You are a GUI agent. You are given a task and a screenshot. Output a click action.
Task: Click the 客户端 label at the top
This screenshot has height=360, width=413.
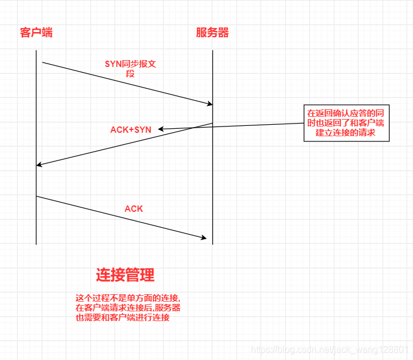pos(36,33)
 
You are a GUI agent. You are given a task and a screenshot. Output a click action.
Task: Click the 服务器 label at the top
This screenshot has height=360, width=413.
pos(212,33)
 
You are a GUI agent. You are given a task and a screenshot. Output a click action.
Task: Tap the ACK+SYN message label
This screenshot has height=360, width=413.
pos(131,130)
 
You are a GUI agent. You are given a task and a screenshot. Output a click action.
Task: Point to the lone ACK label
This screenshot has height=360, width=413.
pos(133,209)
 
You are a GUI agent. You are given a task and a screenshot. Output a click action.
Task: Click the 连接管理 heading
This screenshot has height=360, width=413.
pos(125,275)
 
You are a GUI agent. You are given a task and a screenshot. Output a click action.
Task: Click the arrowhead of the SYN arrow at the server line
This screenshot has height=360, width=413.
pos(211,104)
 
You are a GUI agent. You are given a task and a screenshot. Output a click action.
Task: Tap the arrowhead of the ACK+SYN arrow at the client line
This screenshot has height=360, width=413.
pos(38,165)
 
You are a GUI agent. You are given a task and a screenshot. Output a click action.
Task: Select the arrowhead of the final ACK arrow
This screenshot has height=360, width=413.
pos(204,237)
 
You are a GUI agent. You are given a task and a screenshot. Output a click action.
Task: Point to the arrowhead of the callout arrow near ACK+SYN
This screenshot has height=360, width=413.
pos(160,129)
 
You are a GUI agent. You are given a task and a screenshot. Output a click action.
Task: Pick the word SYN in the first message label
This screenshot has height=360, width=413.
pos(112,64)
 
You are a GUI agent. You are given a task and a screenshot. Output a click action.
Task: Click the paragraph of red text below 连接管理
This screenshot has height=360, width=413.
pos(128,308)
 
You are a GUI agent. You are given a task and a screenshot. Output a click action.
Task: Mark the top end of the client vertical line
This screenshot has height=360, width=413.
pos(36,50)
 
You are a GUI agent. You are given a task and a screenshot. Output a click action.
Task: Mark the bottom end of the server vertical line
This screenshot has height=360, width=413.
pos(213,244)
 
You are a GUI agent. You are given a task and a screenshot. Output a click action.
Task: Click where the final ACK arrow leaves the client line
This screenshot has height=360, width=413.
pos(36,196)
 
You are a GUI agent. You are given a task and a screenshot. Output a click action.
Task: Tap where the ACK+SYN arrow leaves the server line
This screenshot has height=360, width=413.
pos(213,123)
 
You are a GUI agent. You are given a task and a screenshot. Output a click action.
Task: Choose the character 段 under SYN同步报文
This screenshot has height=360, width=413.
pos(130,74)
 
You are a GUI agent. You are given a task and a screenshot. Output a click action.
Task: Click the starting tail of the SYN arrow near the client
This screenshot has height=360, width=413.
pos(42,62)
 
